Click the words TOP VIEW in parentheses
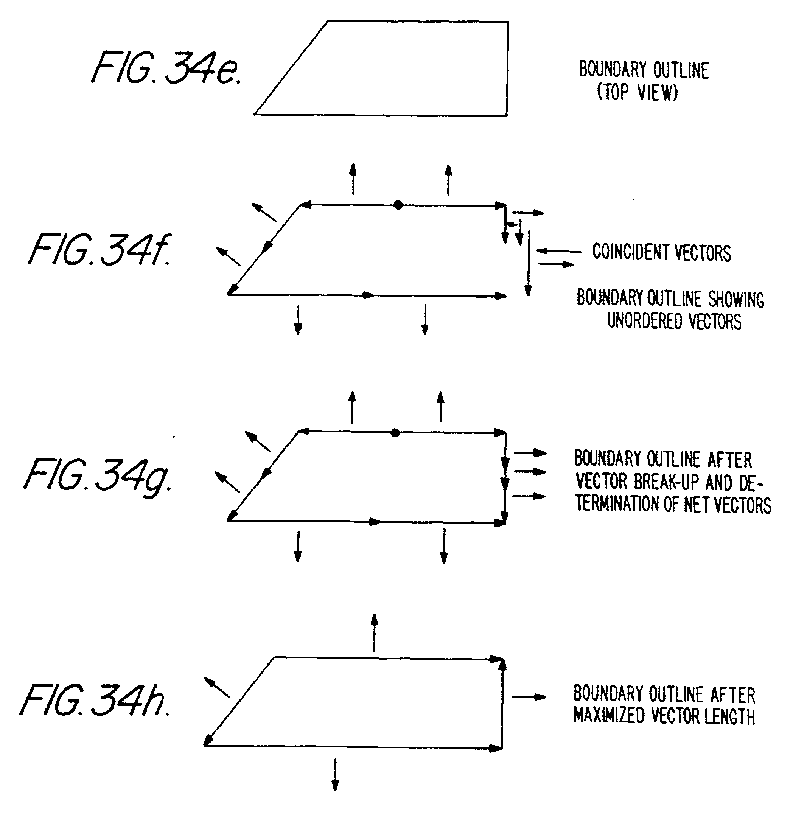click(x=637, y=92)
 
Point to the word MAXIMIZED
click(x=609, y=715)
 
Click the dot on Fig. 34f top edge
click(x=398, y=205)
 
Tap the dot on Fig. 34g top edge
click(x=395, y=432)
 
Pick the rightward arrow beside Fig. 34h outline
click(x=529, y=697)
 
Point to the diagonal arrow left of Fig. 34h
click(x=217, y=688)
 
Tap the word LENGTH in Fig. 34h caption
click(x=730, y=716)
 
